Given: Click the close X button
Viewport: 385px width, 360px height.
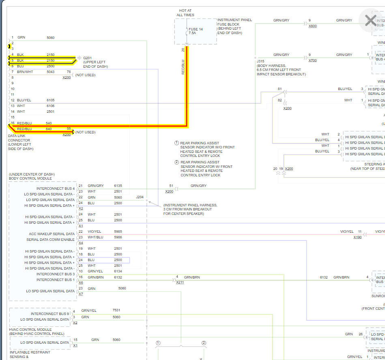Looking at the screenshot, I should (x=370, y=20).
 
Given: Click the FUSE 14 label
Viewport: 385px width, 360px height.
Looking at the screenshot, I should (x=196, y=29).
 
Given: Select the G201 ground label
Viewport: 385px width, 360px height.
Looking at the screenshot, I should (x=88, y=58).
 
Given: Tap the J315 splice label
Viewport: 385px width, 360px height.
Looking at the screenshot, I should (x=260, y=61).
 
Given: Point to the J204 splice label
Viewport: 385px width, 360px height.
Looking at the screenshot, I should (x=140, y=197).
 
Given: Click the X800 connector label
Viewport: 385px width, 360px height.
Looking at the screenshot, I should (x=312, y=26).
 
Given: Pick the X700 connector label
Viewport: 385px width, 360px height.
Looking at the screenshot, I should (x=312, y=60).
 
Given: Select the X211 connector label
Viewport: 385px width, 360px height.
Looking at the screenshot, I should (x=180, y=282).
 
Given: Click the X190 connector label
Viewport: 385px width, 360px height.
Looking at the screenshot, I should (x=357, y=237).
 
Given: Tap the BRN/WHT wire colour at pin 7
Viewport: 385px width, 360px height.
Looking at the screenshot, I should (x=25, y=72).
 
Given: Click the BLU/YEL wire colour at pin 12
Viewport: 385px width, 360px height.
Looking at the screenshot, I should (x=24, y=100).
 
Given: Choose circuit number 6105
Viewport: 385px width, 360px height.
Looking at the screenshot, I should (x=50, y=100).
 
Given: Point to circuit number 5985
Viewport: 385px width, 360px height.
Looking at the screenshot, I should (x=118, y=231).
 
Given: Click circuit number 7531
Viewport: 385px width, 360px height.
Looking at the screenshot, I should (x=116, y=310).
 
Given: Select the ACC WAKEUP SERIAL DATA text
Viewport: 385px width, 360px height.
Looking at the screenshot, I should (x=52, y=234).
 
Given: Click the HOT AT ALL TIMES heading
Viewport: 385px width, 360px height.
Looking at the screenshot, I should (x=185, y=13).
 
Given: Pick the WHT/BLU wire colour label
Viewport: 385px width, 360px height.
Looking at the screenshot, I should (x=95, y=237).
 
